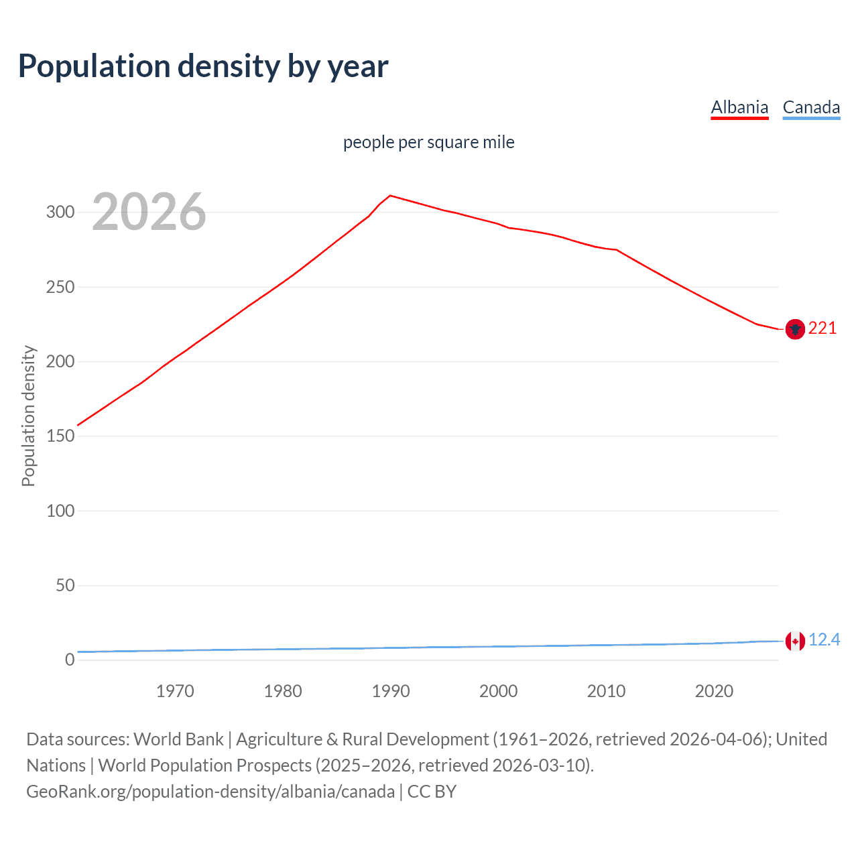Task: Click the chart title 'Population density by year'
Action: coord(203,66)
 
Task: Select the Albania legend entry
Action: coord(739,107)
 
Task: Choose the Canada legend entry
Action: coord(811,107)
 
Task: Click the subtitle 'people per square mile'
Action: coord(428,142)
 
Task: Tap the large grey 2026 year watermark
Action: coord(149,212)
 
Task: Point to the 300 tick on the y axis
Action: coord(60,212)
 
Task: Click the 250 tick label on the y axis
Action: coord(60,287)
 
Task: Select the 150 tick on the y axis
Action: coord(60,436)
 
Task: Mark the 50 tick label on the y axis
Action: coord(65,585)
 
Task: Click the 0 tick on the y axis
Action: coord(70,660)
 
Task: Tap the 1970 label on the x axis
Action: coord(175,691)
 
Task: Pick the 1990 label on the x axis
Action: coord(391,691)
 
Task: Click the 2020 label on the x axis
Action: coord(714,691)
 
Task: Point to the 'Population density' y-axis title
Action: coord(28,416)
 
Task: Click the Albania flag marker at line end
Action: coord(795,329)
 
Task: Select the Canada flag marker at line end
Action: coord(795,641)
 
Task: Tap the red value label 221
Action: coord(822,328)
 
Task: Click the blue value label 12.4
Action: coord(824,640)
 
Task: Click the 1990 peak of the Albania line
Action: coord(391,196)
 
